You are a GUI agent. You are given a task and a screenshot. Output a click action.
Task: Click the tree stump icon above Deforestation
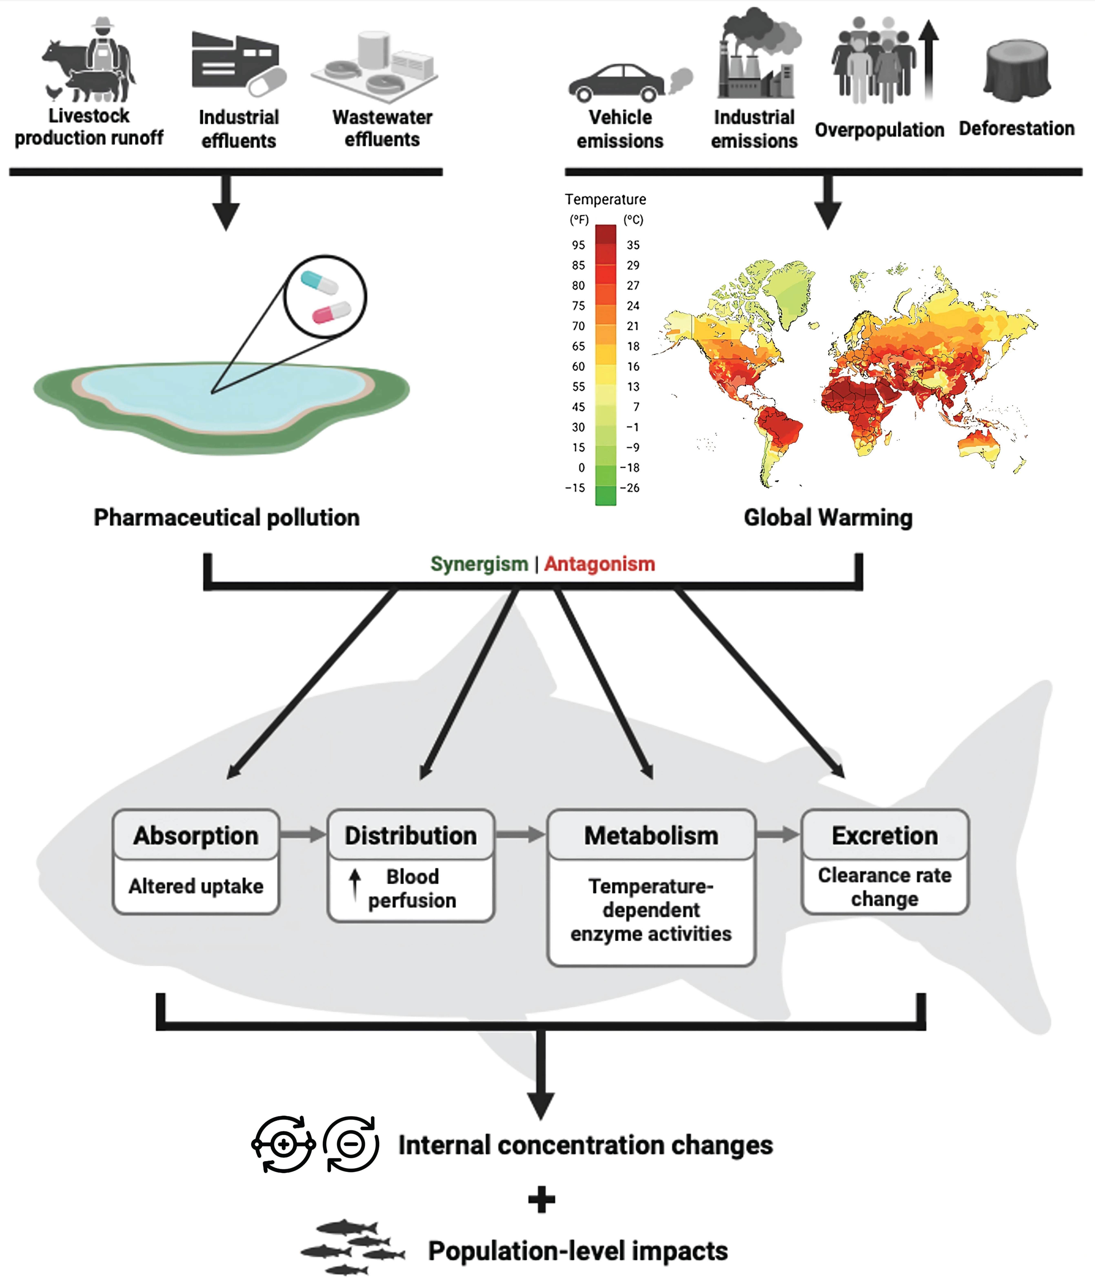tap(1017, 71)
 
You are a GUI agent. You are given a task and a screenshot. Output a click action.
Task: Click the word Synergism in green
tap(479, 564)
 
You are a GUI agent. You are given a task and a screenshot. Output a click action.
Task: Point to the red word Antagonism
tap(599, 564)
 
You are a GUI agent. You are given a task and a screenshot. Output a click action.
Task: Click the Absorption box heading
tap(196, 835)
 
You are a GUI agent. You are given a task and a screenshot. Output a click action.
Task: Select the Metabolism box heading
tap(651, 835)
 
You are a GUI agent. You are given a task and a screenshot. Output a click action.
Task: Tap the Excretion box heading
tap(884, 835)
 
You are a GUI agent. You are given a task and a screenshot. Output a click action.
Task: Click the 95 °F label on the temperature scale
tap(578, 245)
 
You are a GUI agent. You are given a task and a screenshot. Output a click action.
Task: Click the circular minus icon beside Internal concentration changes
tap(351, 1144)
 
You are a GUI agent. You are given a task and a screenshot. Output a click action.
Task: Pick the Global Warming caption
tap(828, 518)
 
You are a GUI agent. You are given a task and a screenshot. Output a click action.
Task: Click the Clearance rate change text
tap(884, 887)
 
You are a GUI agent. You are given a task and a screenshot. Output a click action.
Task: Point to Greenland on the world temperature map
tap(789, 291)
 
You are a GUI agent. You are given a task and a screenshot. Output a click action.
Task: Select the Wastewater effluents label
tap(382, 128)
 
